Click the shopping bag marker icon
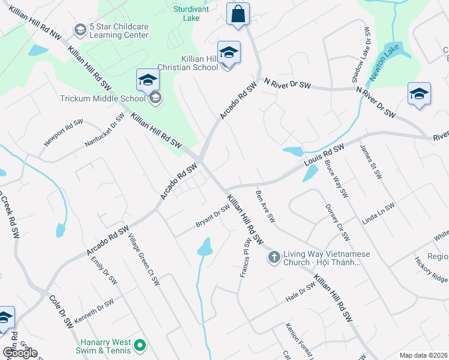tap(238, 14)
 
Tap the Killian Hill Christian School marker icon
tap(229, 53)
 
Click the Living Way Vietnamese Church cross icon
tap(274, 257)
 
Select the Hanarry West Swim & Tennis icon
tap(140, 344)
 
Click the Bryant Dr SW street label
tap(213, 216)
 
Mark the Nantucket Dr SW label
tap(104, 130)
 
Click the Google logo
tap(20, 353)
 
